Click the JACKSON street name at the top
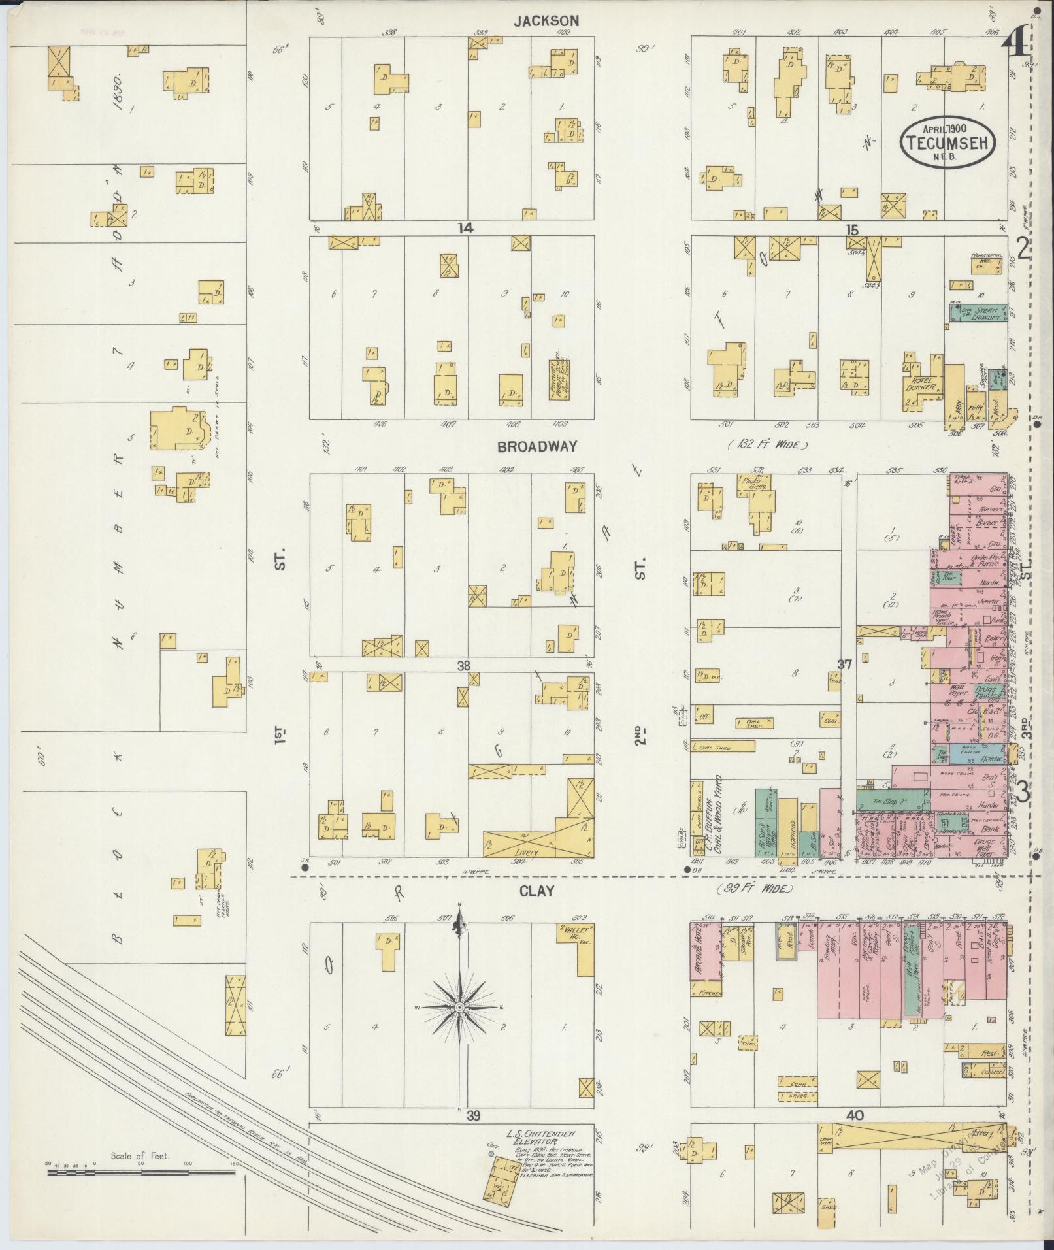click(546, 21)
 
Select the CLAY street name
click(536, 891)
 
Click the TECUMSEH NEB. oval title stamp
click(949, 142)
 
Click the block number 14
click(465, 227)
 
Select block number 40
click(854, 1116)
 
